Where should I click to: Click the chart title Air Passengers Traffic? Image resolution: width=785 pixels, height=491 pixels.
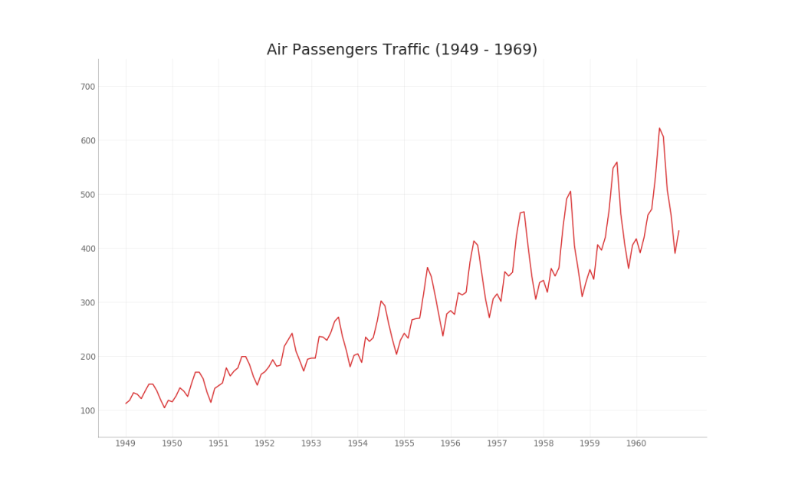402,50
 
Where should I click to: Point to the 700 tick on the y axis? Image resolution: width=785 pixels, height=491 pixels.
87,87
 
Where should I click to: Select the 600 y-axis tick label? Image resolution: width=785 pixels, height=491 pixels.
87,140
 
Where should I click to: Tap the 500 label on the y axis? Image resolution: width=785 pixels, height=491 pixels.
87,195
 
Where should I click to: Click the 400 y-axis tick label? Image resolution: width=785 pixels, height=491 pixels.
87,249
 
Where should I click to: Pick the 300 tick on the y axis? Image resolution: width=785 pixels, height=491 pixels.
87,302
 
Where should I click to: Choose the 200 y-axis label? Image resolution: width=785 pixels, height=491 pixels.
87,357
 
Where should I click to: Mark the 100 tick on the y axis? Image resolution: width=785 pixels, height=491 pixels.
87,410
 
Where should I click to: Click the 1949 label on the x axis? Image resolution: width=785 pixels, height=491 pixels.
126,443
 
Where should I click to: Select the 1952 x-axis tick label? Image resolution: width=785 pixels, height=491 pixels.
265,443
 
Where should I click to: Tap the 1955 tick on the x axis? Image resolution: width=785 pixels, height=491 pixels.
404,443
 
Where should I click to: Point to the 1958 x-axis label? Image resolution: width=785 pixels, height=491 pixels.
544,443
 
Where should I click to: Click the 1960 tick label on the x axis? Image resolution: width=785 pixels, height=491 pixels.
636,443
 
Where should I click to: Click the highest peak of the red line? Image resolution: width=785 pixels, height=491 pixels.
659,128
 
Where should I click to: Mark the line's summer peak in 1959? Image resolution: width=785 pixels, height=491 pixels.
617,162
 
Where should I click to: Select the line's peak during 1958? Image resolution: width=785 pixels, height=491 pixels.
570,191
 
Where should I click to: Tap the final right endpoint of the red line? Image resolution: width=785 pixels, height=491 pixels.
678,231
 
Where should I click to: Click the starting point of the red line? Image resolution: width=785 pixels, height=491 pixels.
126,404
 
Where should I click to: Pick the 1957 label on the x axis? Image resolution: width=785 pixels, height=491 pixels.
497,443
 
